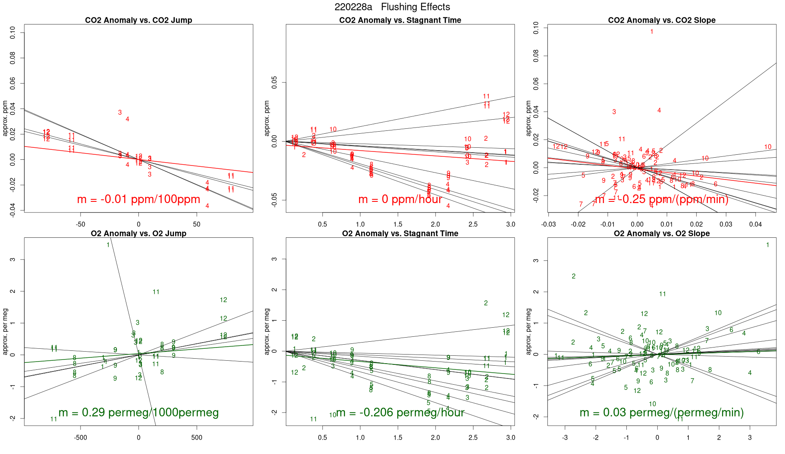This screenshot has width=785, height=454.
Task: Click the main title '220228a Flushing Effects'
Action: (392, 7)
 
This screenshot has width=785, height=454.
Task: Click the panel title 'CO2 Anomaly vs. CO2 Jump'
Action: (138, 20)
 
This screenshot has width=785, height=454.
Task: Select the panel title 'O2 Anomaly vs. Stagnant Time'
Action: (400, 234)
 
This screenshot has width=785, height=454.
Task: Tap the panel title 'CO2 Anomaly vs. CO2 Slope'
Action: (661, 20)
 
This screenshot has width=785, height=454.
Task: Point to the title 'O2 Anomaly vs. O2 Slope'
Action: (661, 234)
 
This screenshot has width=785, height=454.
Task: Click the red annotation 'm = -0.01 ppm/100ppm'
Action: (138, 199)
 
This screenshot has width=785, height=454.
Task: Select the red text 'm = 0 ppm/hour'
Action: (400, 199)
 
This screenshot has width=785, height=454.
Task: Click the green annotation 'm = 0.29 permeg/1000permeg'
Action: (138, 412)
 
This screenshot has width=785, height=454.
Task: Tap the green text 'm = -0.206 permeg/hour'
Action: (400, 412)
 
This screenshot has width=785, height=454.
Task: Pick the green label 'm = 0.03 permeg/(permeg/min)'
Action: (661, 412)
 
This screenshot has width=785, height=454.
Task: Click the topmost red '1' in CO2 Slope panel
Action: (652, 32)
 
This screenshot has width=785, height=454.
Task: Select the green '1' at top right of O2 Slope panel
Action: (768, 245)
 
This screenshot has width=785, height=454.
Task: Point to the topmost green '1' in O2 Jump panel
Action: (108, 245)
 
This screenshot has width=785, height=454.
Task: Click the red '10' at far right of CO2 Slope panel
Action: (768, 147)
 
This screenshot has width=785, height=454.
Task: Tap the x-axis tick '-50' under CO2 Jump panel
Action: (80, 225)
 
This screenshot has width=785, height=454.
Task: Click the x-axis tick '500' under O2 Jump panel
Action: (197, 437)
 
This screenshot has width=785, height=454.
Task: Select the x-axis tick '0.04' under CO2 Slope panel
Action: (755, 225)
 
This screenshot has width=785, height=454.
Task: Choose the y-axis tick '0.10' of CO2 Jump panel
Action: (13, 33)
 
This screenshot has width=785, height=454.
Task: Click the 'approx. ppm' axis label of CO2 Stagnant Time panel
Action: (267, 118)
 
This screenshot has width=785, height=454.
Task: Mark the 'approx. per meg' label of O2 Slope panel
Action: (528, 331)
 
